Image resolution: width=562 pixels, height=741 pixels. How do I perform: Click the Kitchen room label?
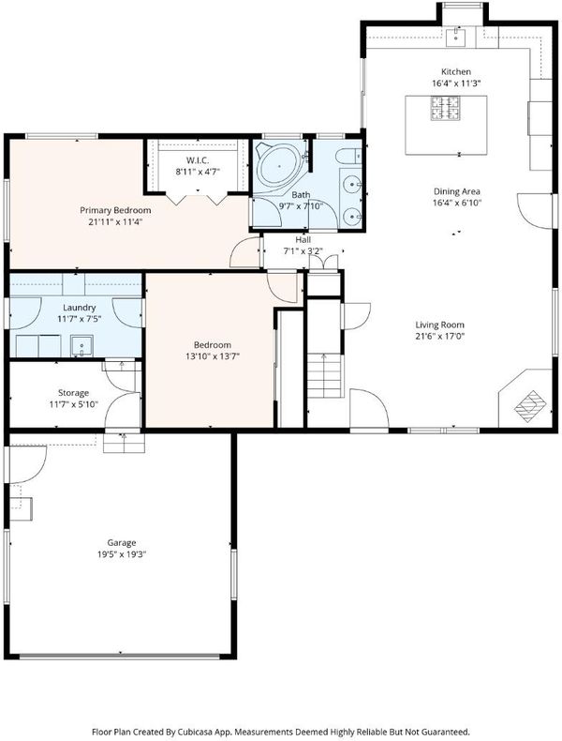(x=456, y=72)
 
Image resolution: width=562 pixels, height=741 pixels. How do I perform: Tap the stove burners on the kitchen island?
(x=445, y=108)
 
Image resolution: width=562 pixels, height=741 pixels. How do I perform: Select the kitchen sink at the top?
(x=455, y=37)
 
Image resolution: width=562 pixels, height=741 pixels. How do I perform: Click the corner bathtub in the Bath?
(x=279, y=165)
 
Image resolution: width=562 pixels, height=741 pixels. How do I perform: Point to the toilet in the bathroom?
(x=349, y=155)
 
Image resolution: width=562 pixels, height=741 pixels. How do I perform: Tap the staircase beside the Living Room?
(x=324, y=376)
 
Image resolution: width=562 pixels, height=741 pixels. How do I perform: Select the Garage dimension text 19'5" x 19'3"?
(x=122, y=554)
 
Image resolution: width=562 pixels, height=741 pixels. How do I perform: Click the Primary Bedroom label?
(x=115, y=210)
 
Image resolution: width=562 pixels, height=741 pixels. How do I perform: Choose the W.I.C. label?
(x=198, y=160)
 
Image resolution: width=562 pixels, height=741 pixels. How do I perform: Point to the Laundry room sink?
(x=81, y=346)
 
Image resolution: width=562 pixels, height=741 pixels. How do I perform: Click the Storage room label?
(x=74, y=393)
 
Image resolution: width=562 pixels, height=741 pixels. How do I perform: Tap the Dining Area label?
(x=457, y=191)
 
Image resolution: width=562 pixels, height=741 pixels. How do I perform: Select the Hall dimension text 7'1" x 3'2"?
(x=303, y=251)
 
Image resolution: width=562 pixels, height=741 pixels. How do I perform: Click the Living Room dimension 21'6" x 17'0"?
(x=440, y=337)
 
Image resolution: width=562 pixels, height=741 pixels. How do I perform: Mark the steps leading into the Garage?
(x=124, y=444)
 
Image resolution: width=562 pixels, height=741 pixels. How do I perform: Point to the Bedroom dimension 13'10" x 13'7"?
(x=213, y=356)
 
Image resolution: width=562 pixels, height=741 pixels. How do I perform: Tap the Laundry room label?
(x=80, y=308)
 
